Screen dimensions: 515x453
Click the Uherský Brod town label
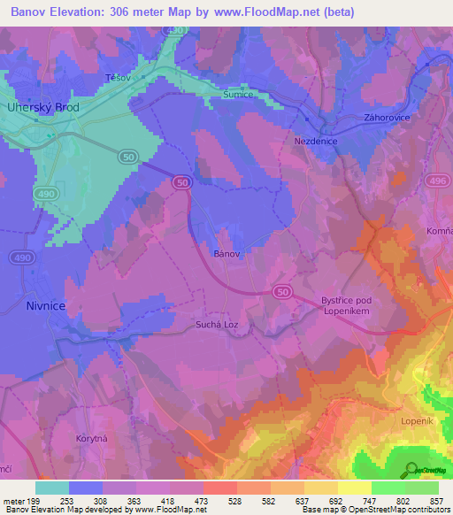point(43,107)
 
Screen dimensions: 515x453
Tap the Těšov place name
point(117,77)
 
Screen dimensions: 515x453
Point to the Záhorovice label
point(385,117)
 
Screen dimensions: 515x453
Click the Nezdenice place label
point(314,141)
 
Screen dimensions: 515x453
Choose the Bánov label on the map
point(226,253)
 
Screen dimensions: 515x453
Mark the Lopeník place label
point(417,421)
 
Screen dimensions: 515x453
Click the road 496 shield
point(435,181)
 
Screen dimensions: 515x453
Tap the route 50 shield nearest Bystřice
point(282,290)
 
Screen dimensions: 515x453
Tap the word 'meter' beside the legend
point(14,501)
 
